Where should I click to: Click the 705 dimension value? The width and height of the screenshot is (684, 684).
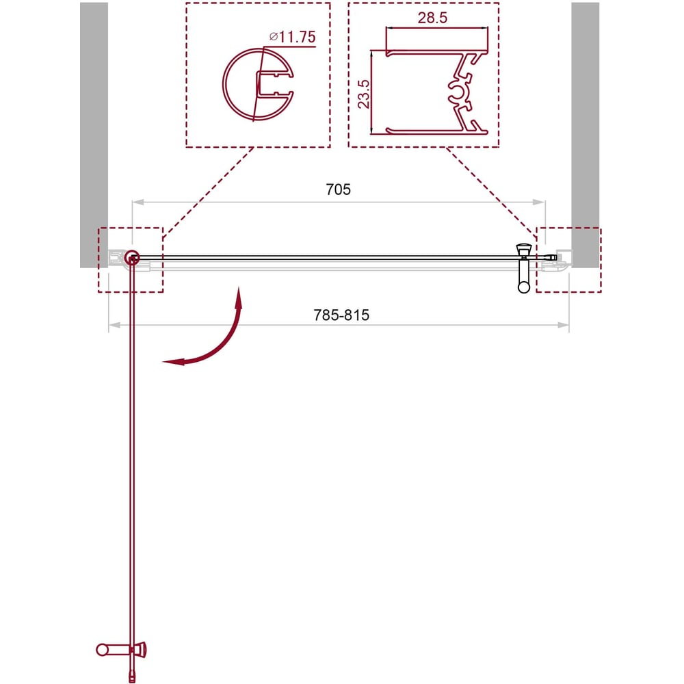(x=338, y=189)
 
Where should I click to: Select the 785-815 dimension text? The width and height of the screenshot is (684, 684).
(x=341, y=315)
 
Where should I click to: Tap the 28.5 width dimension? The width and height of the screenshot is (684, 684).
(x=432, y=18)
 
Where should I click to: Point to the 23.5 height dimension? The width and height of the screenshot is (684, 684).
(x=363, y=94)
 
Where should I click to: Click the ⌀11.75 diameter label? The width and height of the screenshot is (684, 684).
(x=292, y=37)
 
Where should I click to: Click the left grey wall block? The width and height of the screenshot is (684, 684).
(x=94, y=135)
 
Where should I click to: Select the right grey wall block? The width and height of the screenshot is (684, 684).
(x=585, y=135)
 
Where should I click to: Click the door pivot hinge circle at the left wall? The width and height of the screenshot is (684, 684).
(x=131, y=258)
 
